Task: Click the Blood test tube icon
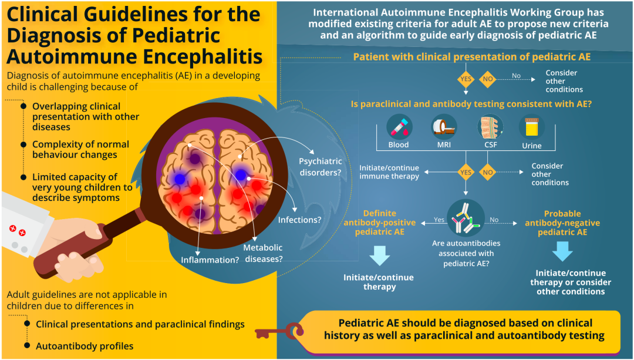pyautogui.click(x=399, y=127)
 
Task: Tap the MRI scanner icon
pyautogui.click(x=444, y=127)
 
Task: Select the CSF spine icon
pyautogui.click(x=490, y=127)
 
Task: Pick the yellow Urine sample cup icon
pyautogui.click(x=531, y=127)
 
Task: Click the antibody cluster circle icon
pyautogui.click(x=466, y=218)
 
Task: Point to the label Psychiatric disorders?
pyautogui.click(x=321, y=167)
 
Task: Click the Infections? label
pyautogui.click(x=299, y=220)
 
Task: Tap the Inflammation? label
pyautogui.click(x=210, y=260)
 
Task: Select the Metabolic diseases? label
pyautogui.click(x=264, y=253)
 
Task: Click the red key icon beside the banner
pyautogui.click(x=279, y=332)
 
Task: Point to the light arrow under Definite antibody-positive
pyautogui.click(x=379, y=255)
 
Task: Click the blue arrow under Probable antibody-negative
pyautogui.click(x=562, y=251)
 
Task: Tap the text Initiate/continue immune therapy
pyautogui.click(x=389, y=172)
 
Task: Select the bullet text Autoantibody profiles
pyautogui.click(x=85, y=346)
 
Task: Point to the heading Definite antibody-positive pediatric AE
pyautogui.click(x=379, y=223)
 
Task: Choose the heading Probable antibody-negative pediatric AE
pyautogui.click(x=562, y=223)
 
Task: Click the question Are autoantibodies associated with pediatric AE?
pyautogui.click(x=466, y=254)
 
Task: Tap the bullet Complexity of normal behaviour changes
pyautogui.click(x=80, y=150)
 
